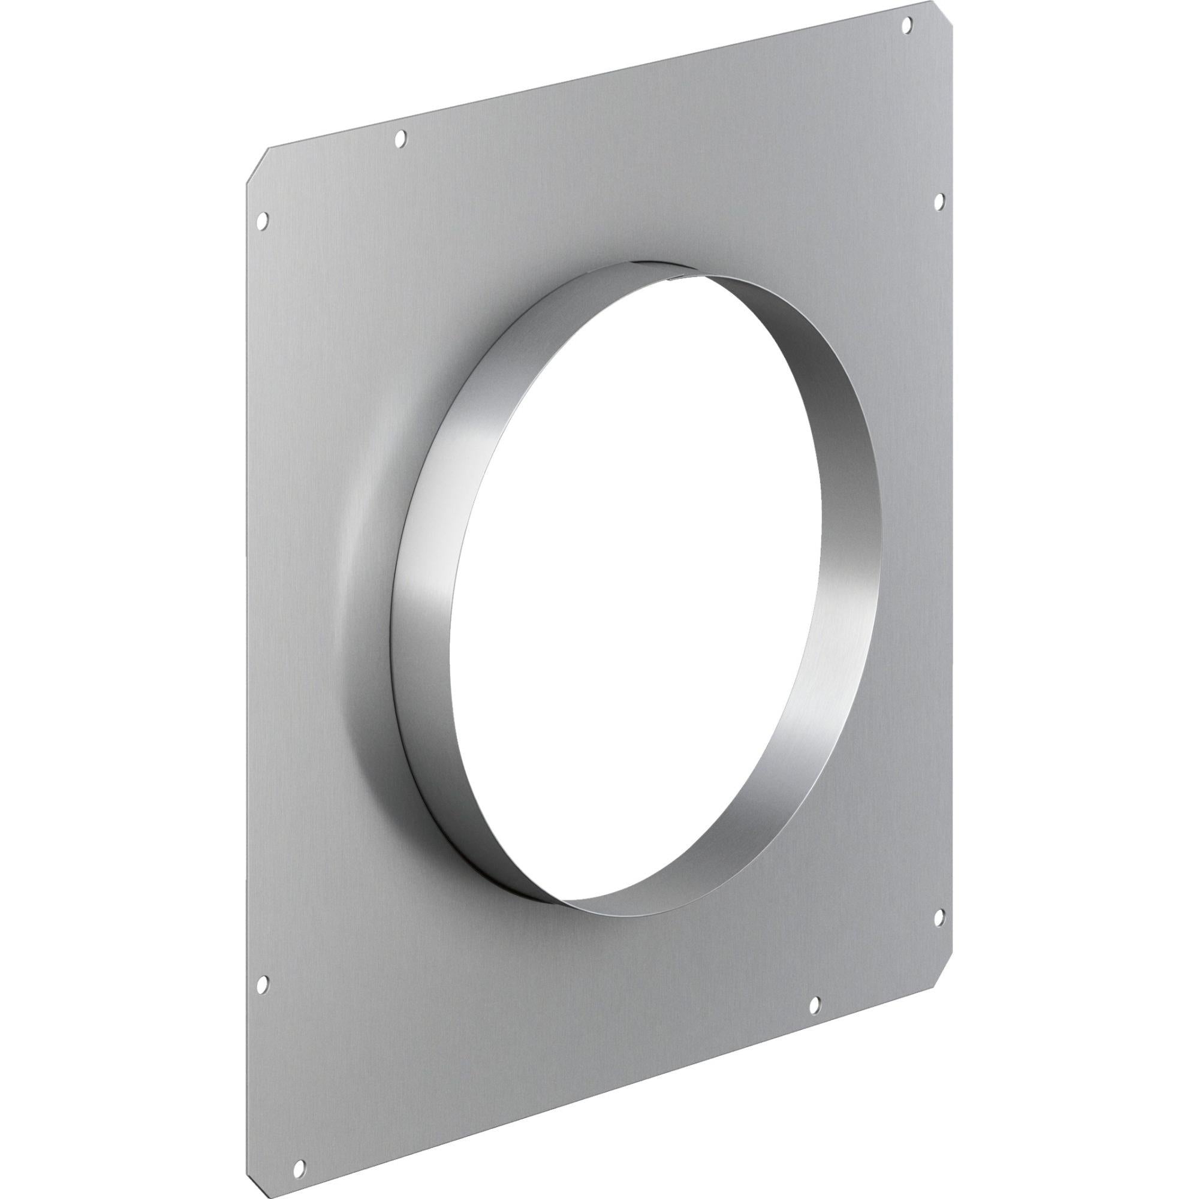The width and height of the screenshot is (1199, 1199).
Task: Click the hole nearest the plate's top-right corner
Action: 906,25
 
